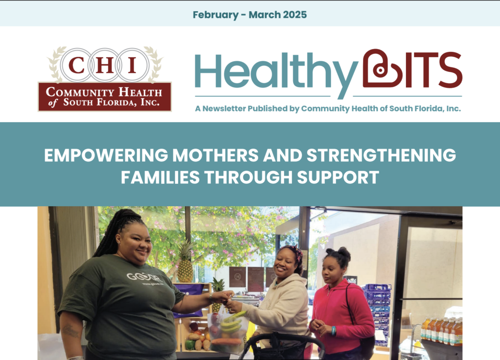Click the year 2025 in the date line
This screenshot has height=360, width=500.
point(295,15)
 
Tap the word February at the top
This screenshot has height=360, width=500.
point(216,15)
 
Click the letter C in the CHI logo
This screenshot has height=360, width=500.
point(76,65)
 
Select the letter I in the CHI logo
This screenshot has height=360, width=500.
point(132,65)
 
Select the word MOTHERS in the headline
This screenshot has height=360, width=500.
point(216,155)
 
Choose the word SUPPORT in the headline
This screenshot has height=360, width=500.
point(338,178)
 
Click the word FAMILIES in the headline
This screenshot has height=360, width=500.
point(160,178)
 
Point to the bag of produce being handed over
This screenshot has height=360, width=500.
point(228,331)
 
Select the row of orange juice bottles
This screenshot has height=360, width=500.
point(441,331)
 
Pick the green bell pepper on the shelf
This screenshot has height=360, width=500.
point(190,344)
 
